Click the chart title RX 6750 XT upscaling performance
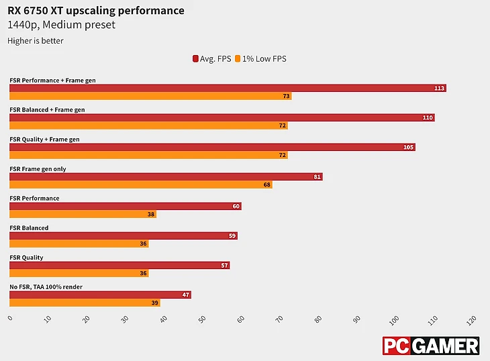pos(96,11)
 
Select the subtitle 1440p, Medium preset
pos(61,25)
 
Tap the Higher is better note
pos(36,41)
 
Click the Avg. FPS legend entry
pos(212,59)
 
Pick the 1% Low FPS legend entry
pos(260,59)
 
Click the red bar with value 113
pos(228,88)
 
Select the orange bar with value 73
pos(150,96)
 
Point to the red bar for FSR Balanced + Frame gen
pos(222,117)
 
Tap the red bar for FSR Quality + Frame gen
pos(212,147)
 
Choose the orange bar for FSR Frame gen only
pos(141,185)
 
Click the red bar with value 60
pos(126,206)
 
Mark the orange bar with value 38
pos(83,214)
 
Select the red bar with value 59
pos(124,236)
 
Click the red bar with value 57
pos(119,265)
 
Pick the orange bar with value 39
pos(85,303)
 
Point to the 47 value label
pos(186,295)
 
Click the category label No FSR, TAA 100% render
pos(46,287)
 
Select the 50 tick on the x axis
pos(203,318)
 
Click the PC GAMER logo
pos(431,346)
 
